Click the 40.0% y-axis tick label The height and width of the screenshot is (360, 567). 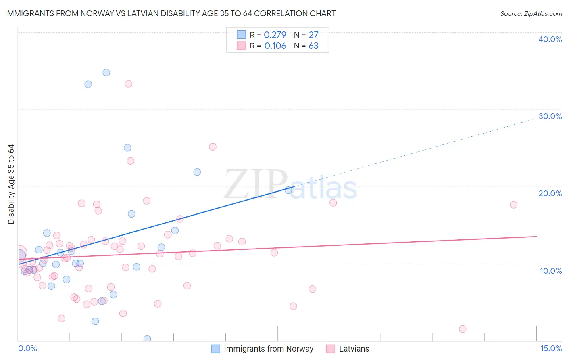pyautogui.click(x=550, y=39)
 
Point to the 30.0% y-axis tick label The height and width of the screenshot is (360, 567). pyautogui.click(x=550, y=116)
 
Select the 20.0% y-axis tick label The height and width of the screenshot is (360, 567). pyautogui.click(x=550, y=193)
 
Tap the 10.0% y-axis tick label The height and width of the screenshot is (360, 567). pyautogui.click(x=550, y=271)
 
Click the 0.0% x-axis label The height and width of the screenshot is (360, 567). pyautogui.click(x=27, y=348)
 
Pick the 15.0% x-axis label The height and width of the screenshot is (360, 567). pyautogui.click(x=551, y=348)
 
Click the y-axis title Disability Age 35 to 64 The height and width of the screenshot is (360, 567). pyautogui.click(x=11, y=184)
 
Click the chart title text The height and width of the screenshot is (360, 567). pyautogui.click(x=170, y=13)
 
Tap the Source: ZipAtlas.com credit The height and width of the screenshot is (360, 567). pyautogui.click(x=531, y=13)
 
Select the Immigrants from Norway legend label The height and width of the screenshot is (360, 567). pyautogui.click(x=268, y=349)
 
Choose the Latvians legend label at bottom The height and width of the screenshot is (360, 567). pyautogui.click(x=354, y=349)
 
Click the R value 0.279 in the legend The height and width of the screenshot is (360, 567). pyautogui.click(x=275, y=35)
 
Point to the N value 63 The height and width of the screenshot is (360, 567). pyautogui.click(x=313, y=46)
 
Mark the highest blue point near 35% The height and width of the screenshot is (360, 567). pyautogui.click(x=106, y=73)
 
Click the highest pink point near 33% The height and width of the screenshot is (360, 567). pyautogui.click(x=128, y=84)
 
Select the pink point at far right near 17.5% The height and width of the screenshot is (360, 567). pyautogui.click(x=513, y=205)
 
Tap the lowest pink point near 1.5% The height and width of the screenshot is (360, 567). pyautogui.click(x=463, y=329)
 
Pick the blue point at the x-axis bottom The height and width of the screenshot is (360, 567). pyautogui.click(x=147, y=339)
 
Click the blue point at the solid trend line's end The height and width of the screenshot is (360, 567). pyautogui.click(x=288, y=190)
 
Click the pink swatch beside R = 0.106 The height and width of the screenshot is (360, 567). pyautogui.click(x=241, y=46)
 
